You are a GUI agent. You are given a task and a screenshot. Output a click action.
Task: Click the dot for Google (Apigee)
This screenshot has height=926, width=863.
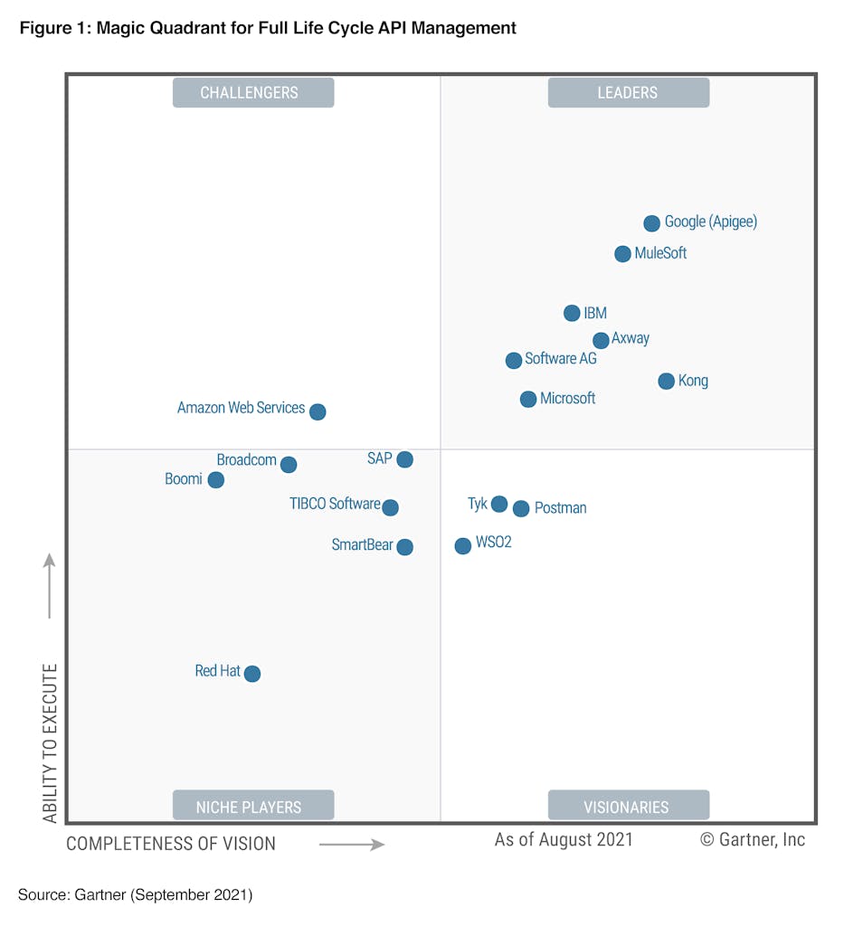coord(651,223)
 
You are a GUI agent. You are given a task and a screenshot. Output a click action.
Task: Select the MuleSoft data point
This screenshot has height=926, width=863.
coord(622,254)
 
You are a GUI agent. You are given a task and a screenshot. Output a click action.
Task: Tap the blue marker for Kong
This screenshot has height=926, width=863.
coord(666,382)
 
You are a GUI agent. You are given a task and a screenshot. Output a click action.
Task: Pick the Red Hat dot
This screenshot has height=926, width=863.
coord(252,674)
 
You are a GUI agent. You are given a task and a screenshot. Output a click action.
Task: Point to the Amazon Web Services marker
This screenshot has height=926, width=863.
coord(318,412)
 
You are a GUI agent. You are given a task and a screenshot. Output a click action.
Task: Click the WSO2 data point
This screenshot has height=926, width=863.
coord(462,545)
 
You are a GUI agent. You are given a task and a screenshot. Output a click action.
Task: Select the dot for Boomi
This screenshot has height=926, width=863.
coord(215,480)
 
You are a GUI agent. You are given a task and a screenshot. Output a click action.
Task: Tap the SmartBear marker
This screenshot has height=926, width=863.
coord(405,547)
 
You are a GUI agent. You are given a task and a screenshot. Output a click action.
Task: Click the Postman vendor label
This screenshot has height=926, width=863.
coord(560,508)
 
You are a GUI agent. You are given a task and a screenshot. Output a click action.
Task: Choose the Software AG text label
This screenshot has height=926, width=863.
coord(560,359)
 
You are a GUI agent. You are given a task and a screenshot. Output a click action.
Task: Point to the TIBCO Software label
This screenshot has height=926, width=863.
coord(335,504)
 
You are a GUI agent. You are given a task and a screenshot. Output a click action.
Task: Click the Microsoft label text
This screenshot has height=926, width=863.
coord(567,399)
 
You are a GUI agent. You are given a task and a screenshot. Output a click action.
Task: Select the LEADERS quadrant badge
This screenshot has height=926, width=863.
coord(628,93)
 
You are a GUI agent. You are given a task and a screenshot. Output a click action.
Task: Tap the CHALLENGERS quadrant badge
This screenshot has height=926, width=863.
coord(253,93)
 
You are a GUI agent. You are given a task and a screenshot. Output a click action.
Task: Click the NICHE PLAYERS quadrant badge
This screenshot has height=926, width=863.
coord(253,806)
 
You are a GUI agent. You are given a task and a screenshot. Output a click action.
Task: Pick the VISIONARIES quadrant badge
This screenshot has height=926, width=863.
coord(628,806)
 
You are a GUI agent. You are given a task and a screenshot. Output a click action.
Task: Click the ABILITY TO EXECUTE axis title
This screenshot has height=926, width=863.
coord(50,743)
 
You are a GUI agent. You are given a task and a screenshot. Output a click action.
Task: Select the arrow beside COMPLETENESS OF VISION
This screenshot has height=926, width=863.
coord(352,846)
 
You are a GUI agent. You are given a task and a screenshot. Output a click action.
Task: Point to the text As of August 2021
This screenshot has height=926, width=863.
coord(564,840)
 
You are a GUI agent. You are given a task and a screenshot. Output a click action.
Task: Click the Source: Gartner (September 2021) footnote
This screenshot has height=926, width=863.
coord(136,895)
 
